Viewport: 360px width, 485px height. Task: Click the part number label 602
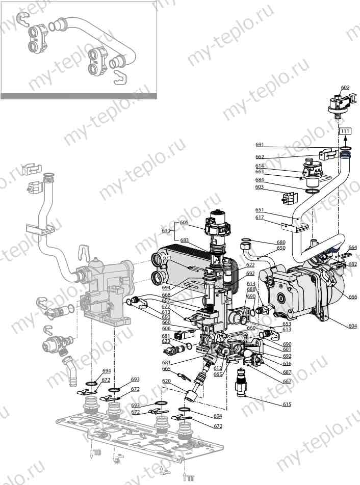click(345, 88)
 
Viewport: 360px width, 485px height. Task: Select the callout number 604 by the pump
click(352, 326)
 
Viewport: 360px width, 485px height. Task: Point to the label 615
click(288, 405)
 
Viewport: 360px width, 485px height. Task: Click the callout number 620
click(166, 381)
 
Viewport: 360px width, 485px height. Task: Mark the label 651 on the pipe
click(260, 210)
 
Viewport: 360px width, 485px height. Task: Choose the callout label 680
click(281, 242)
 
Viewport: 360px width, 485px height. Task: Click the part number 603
click(259, 187)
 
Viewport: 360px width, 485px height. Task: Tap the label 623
click(166, 341)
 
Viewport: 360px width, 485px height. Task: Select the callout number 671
click(167, 258)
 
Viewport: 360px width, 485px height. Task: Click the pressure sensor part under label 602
click(338, 104)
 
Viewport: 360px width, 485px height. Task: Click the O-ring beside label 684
click(312, 191)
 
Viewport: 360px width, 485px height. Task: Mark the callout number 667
click(288, 382)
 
